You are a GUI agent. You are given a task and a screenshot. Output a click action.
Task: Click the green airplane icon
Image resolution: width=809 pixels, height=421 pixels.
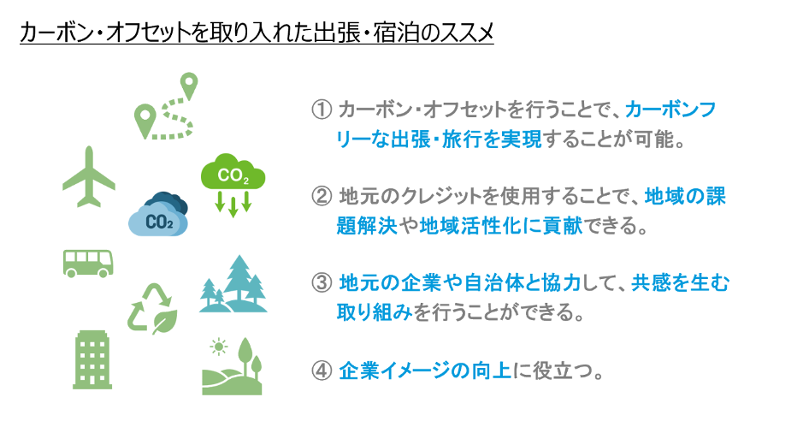click(x=89, y=176)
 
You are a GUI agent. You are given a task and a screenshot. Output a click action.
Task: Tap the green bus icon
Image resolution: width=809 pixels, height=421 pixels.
click(x=88, y=264)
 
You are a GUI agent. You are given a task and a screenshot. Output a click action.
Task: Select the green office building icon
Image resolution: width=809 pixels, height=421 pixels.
click(x=92, y=359)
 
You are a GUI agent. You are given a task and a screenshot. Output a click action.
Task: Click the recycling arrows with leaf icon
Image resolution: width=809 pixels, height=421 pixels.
click(x=153, y=308)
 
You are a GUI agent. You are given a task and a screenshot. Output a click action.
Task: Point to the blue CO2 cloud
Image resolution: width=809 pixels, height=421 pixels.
click(x=158, y=216)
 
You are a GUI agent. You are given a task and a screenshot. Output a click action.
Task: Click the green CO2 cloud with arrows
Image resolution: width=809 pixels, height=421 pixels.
click(x=233, y=184)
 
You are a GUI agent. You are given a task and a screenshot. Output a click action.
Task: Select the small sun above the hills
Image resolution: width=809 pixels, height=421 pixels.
click(x=219, y=347)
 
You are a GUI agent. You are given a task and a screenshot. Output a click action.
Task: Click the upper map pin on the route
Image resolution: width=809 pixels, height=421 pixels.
click(x=189, y=86)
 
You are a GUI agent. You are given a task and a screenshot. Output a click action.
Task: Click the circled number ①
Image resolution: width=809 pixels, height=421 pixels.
click(x=322, y=110)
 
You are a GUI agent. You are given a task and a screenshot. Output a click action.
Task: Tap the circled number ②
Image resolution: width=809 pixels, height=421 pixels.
click(x=322, y=197)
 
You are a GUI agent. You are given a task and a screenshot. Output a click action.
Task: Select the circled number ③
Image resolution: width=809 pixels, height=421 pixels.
click(x=322, y=283)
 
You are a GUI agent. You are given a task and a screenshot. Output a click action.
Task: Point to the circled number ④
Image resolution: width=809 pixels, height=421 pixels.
click(x=322, y=371)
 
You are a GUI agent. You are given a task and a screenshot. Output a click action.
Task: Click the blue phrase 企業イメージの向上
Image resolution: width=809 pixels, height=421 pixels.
click(x=425, y=371)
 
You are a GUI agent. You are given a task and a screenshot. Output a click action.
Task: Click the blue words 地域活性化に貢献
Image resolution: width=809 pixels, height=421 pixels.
click(x=501, y=226)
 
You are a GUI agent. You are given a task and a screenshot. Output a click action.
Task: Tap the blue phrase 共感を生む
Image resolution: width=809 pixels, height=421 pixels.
click(x=680, y=283)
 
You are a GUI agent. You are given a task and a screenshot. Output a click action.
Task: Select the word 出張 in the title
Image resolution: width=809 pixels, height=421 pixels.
click(x=340, y=33)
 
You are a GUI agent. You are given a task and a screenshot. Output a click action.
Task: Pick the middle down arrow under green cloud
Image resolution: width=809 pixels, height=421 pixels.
click(x=233, y=206)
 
